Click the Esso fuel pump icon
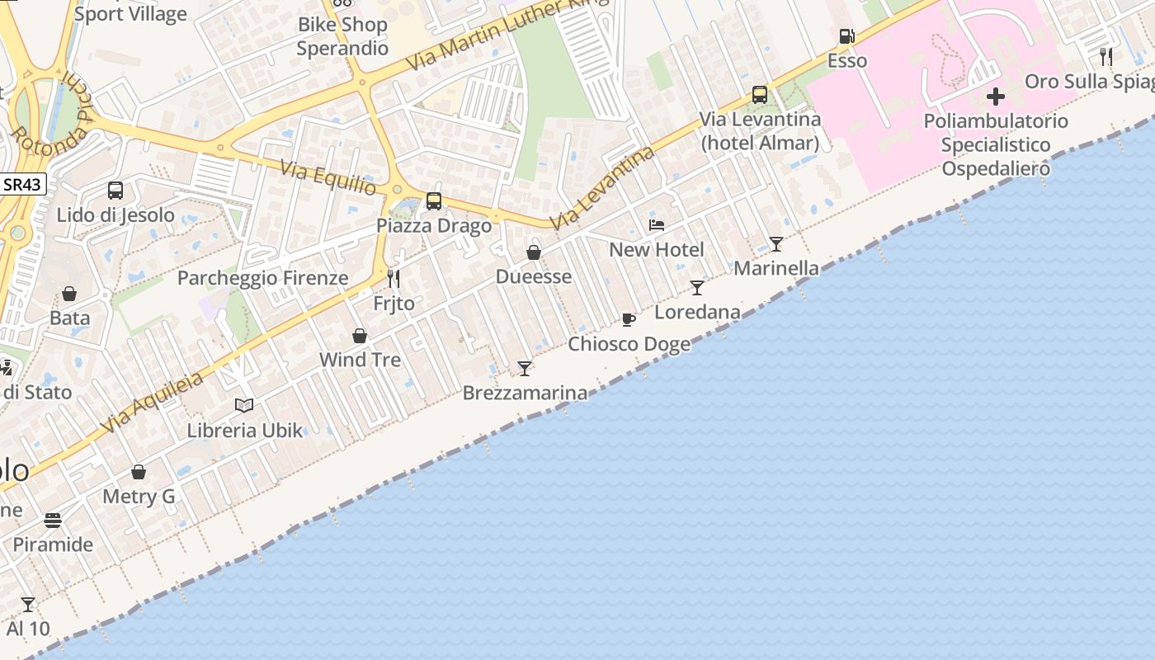pyautogui.click(x=846, y=36)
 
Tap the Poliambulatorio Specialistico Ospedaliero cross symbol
pyautogui.click(x=996, y=97)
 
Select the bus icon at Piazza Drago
pyautogui.click(x=433, y=200)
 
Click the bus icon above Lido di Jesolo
pyautogui.click(x=115, y=191)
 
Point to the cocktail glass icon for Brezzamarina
pyautogui.click(x=525, y=368)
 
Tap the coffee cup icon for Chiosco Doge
pyautogui.click(x=629, y=319)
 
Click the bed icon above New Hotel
pyautogui.click(x=657, y=224)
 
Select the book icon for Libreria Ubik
pyautogui.click(x=244, y=405)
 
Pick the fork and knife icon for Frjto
pyautogui.click(x=394, y=279)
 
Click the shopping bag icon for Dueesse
pyautogui.click(x=534, y=252)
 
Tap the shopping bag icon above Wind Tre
pyautogui.click(x=360, y=336)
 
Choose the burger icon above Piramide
pyautogui.click(x=53, y=521)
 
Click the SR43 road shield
pyautogui.click(x=23, y=184)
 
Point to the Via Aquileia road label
pyautogui.click(x=153, y=403)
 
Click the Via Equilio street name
pyautogui.click(x=328, y=178)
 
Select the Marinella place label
pyautogui.click(x=776, y=268)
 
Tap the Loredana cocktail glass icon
pyautogui.click(x=697, y=288)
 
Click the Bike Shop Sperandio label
pyautogui.click(x=342, y=36)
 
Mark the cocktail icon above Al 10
pyautogui.click(x=28, y=605)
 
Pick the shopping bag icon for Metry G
pyautogui.click(x=139, y=472)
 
